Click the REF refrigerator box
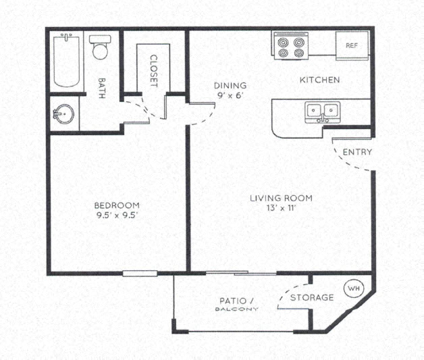pos(351,46)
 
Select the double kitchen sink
pos(321,111)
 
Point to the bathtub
pos(67,61)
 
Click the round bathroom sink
pos(63,113)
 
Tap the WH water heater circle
pos(353,288)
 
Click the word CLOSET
pos(153,72)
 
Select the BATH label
pos(101,86)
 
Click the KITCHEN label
pos(319,80)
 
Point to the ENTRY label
pos(357,152)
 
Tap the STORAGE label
pos(312,297)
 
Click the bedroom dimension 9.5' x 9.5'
pos(116,215)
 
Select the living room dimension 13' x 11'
pos(281,208)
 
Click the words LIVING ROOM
pos(281,198)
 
